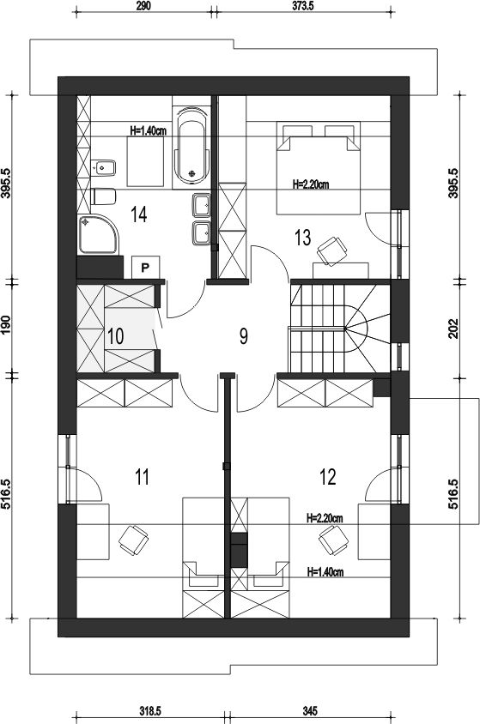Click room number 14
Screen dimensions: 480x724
pyautogui.click(x=138, y=214)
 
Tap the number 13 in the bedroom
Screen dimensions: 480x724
pyautogui.click(x=303, y=238)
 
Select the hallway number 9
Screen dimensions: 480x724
pyautogui.click(x=244, y=336)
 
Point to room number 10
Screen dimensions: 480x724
pyautogui.click(x=116, y=336)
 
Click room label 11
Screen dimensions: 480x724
pyautogui.click(x=143, y=477)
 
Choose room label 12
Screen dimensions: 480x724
pyautogui.click(x=327, y=477)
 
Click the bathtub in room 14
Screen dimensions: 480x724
pyautogui.click(x=192, y=145)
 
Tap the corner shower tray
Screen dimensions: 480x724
pyautogui.click(x=99, y=235)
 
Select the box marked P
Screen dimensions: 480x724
pyautogui.click(x=145, y=268)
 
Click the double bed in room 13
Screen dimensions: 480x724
pyautogui.click(x=319, y=168)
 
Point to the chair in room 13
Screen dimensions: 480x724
pyautogui.click(x=332, y=250)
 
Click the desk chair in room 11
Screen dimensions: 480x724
pyautogui.click(x=133, y=540)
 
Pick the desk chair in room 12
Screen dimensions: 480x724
pyautogui.click(x=333, y=540)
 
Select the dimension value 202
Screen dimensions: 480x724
pyautogui.click(x=454, y=329)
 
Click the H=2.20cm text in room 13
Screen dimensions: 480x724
pyautogui.click(x=311, y=184)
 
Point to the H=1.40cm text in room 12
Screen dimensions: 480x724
pyautogui.click(x=325, y=572)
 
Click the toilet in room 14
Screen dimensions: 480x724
pyautogui.click(x=104, y=196)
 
